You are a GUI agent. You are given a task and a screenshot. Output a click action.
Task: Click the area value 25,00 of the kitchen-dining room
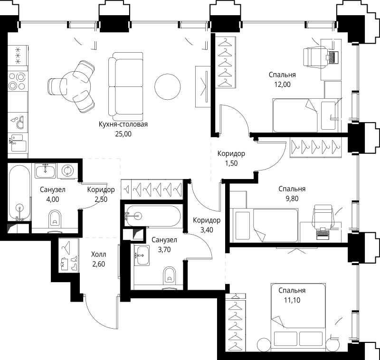point(123,134)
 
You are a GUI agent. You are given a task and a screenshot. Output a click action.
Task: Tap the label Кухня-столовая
point(123,125)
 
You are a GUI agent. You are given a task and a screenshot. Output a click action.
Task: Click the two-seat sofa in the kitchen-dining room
point(125,86)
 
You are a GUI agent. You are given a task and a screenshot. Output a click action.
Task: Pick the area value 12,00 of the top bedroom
point(282,85)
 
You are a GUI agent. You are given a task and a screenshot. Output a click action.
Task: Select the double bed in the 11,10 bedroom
point(298,315)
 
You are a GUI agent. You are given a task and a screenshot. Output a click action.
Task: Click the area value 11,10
point(292,300)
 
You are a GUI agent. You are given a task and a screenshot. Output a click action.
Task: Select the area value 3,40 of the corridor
point(206,230)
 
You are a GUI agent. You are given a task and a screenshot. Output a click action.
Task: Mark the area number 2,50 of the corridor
point(101,199)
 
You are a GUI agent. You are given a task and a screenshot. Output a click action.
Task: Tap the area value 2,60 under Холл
point(99,264)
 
